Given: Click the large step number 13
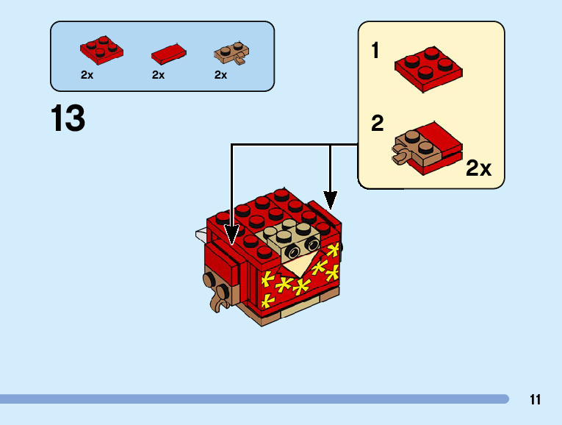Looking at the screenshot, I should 68,118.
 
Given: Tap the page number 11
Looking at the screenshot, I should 535,400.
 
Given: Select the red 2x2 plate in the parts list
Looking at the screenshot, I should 101,49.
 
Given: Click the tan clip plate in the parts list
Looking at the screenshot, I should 231,52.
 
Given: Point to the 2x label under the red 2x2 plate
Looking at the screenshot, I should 87,75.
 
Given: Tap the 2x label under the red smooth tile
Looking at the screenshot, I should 158,75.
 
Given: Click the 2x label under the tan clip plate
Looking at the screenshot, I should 220,75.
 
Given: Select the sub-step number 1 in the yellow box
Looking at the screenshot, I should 375,51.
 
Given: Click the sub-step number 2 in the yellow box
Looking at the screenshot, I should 377,123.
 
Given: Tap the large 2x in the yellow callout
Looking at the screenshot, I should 478,168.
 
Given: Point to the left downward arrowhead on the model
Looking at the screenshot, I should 232,233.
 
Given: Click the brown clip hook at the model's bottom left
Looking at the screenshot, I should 217,301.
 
